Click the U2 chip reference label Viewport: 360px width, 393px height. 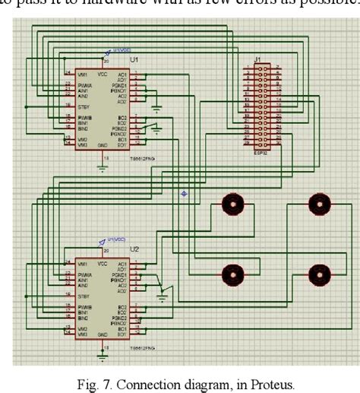pos(135,249)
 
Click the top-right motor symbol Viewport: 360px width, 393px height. pos(318,203)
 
